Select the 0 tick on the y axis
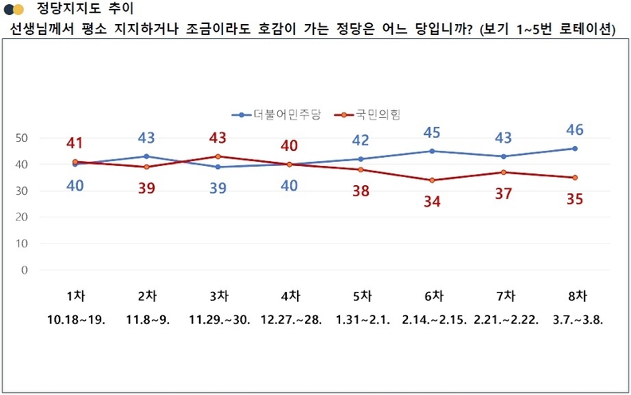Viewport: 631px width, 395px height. [x=25, y=270]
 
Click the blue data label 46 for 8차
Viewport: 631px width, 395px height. [x=574, y=128]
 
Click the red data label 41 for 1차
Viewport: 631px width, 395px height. [x=75, y=144]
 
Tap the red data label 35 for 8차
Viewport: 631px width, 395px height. [x=574, y=198]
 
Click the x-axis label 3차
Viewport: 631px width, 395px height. [x=218, y=295]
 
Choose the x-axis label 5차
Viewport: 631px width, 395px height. [x=360, y=295]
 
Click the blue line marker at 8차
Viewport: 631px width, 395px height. [x=574, y=148]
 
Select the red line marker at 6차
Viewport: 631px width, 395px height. [x=431, y=180]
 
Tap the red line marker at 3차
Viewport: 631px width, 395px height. [x=218, y=156]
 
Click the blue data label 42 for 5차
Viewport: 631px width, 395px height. [x=360, y=140]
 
